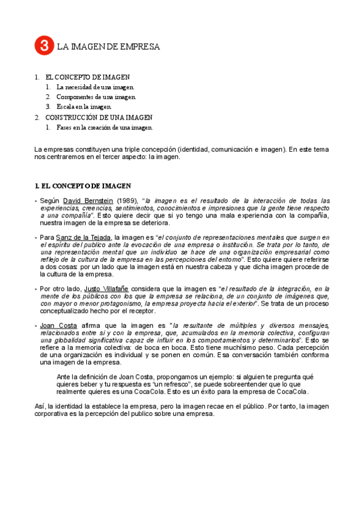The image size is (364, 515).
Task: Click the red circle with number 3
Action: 44,46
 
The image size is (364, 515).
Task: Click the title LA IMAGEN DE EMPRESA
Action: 109,46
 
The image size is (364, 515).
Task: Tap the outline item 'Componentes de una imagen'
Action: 96,97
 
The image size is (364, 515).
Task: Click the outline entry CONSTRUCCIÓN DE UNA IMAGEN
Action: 99,117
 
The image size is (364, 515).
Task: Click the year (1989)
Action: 126,200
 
